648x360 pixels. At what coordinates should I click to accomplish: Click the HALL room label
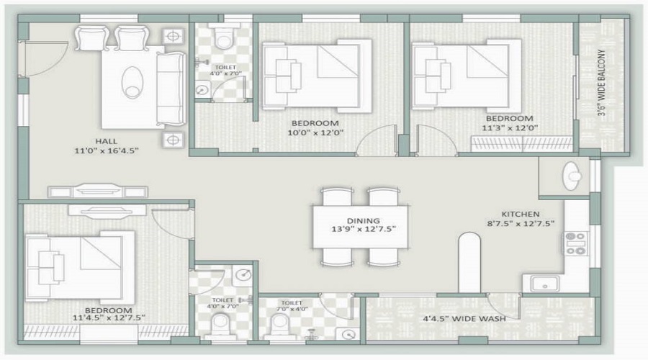point(107,141)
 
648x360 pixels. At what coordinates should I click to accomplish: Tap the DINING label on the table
point(364,221)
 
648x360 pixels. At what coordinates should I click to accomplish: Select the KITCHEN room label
point(521,214)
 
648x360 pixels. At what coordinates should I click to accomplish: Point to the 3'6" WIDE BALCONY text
point(601,83)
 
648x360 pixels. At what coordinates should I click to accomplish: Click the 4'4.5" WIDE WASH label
point(464,319)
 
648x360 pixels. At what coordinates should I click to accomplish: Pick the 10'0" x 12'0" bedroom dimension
point(316,132)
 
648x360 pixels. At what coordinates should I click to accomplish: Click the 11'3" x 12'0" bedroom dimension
point(510,127)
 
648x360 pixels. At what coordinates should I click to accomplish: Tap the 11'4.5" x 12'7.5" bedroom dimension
point(109,318)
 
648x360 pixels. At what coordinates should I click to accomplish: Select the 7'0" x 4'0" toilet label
point(292,309)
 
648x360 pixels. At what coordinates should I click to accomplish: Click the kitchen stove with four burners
point(576,243)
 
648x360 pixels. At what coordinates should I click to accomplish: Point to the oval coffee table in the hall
point(132,82)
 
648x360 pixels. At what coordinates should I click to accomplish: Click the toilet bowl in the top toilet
point(224,37)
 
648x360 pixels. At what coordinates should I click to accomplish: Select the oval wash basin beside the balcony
point(573,176)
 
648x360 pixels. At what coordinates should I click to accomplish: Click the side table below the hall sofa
point(173,140)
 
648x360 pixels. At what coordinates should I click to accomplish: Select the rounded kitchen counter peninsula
point(470,263)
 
